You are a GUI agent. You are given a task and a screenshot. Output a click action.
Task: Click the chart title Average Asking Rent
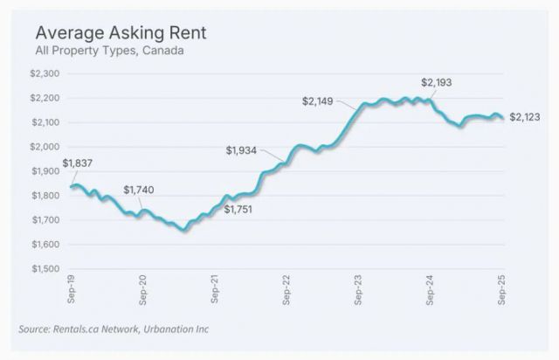(121, 34)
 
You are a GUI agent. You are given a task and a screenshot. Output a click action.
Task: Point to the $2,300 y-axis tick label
(47, 74)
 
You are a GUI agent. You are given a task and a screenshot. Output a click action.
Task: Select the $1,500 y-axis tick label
(47, 269)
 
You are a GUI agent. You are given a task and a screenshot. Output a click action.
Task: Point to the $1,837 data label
(79, 163)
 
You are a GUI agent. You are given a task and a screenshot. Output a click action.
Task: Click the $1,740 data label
(138, 190)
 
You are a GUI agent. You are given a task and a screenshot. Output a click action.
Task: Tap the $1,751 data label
(238, 210)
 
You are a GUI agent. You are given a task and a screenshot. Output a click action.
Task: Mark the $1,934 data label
(241, 151)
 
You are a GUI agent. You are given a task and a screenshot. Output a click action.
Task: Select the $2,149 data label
(318, 101)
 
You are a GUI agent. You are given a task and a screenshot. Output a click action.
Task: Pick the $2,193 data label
(437, 83)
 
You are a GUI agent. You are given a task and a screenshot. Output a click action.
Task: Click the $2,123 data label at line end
(525, 116)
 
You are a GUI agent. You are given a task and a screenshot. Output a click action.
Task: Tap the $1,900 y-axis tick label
(47, 172)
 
